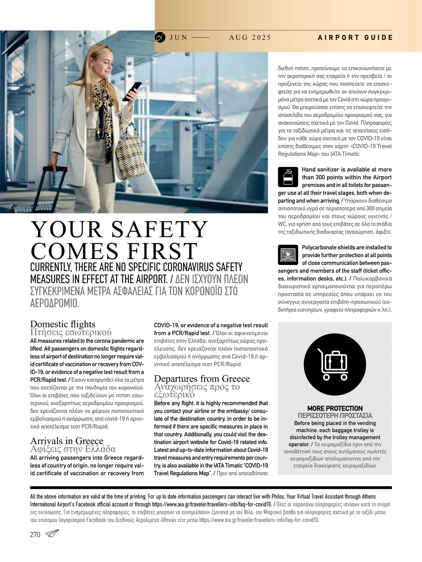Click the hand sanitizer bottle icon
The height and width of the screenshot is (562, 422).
click(288, 177)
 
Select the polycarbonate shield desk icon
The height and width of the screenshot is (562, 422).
click(288, 255)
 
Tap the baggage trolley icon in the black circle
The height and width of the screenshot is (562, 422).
click(334, 364)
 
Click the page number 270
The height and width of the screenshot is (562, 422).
click(35, 535)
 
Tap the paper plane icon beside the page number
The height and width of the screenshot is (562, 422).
click(52, 534)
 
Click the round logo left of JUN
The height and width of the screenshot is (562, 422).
click(160, 37)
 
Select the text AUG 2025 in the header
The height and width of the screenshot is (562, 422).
click(250, 38)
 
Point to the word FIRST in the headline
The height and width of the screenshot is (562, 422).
click(162, 251)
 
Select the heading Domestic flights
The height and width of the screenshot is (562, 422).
click(63, 324)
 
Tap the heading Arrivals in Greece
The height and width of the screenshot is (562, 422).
click(67, 441)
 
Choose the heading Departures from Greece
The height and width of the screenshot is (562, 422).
click(202, 379)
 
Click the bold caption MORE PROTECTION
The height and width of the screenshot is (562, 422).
click(335, 408)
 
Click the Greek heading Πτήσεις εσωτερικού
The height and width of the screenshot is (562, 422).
click(71, 332)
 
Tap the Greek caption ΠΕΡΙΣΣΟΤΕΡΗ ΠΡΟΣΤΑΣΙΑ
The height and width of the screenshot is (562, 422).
click(335, 415)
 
